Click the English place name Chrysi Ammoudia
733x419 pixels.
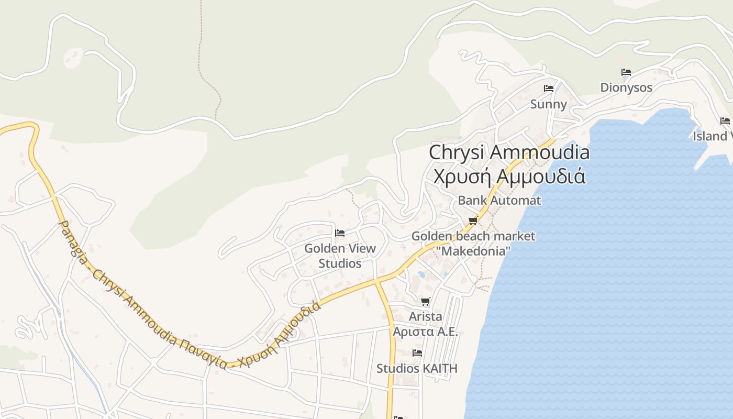[509, 152]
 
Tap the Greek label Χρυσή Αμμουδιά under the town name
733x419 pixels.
[509, 176]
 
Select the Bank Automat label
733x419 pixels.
[499, 200]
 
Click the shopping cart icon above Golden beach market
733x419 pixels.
[473, 220]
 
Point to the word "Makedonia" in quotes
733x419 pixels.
[473, 251]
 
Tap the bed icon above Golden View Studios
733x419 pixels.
[340, 233]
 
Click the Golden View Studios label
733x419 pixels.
[340, 256]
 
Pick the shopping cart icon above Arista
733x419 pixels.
[426, 302]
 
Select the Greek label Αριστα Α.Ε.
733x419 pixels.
[425, 332]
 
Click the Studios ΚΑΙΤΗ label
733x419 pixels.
[417, 368]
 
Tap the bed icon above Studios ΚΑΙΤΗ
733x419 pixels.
[417, 353]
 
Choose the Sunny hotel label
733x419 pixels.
[548, 104]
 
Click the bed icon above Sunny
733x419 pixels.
[549, 89]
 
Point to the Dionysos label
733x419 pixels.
[626, 87]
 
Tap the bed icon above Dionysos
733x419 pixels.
[626, 72]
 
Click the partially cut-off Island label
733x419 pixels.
[712, 136]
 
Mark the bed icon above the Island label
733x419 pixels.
[725, 121]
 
